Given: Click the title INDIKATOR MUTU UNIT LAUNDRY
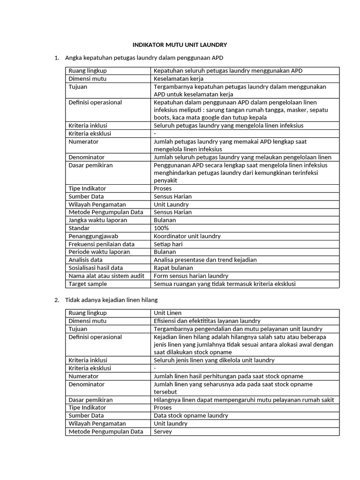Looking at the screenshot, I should tap(180, 45).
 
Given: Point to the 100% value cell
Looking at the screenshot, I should tap(161, 228).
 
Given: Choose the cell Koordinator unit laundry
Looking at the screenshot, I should tap(187, 236).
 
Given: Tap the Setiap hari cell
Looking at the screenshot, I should tap(168, 244).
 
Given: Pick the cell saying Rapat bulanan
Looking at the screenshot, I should tap(173, 268).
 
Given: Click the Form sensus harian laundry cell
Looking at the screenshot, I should tap(191, 276).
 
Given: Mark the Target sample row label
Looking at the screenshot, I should tap(88, 284).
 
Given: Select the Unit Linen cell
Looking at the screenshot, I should tap(168, 313).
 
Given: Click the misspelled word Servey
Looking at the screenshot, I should tap(163, 431).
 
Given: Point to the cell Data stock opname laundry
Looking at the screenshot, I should tap(191, 415).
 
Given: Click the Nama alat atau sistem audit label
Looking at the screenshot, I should tap(106, 276).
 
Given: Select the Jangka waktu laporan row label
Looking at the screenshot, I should tap(97, 220).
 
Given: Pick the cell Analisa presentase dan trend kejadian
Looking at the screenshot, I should tap(205, 260).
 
